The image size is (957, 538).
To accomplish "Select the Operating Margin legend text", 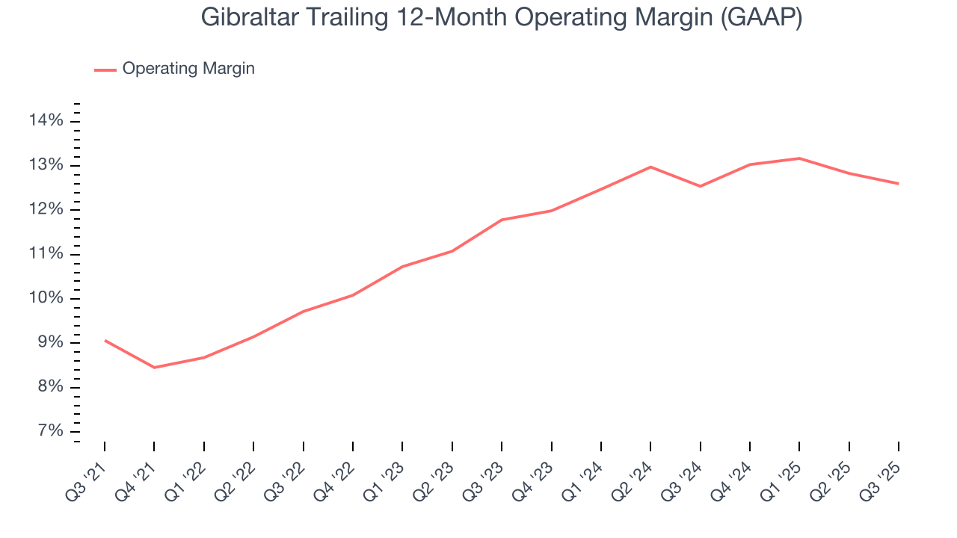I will click(188, 69).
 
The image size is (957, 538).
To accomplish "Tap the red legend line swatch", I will click(105, 69).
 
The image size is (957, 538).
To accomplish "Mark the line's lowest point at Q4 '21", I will click(154, 368).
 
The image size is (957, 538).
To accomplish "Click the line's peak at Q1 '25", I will click(799, 158).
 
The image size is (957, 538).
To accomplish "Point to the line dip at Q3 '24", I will click(700, 186).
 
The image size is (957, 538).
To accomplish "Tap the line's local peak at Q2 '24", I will click(650, 167).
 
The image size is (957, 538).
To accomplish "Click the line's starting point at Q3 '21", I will click(105, 341).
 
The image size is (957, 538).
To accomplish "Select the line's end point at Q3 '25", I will click(898, 184).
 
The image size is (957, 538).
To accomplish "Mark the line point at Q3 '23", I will click(502, 220).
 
